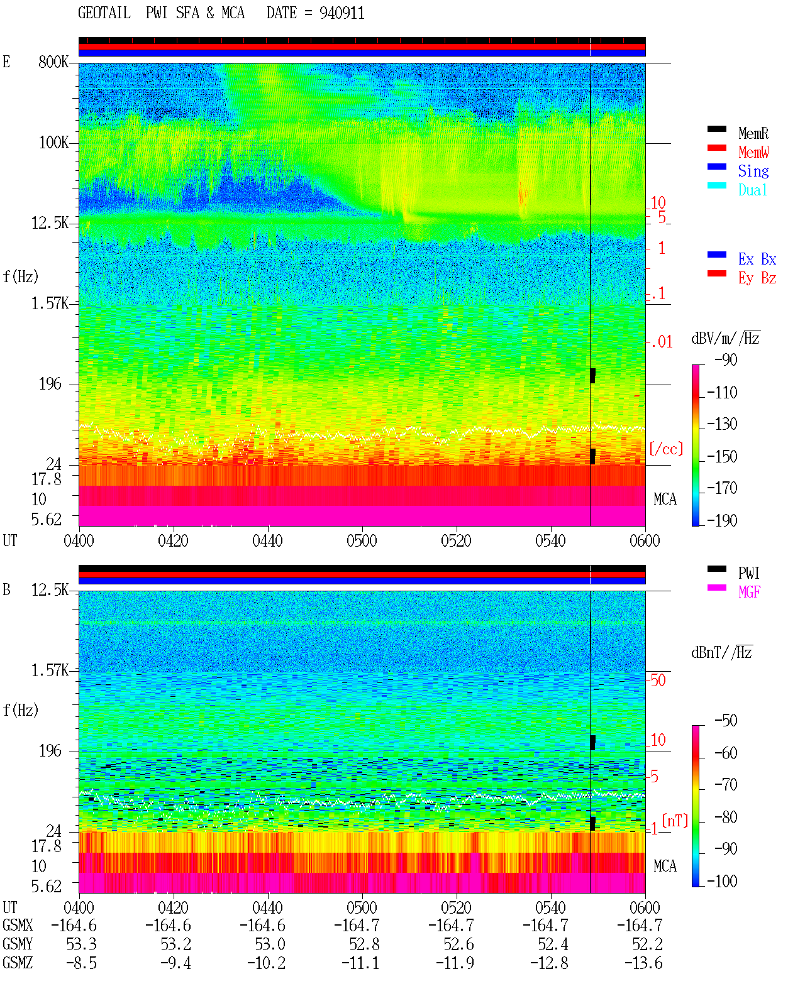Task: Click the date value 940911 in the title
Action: (x=341, y=13)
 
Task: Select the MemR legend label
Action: (x=753, y=133)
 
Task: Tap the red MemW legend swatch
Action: (x=716, y=148)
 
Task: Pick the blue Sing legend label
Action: (x=753, y=171)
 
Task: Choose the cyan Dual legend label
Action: (x=753, y=190)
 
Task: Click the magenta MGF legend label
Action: (x=749, y=592)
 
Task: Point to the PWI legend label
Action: (x=748, y=573)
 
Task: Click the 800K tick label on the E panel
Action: (x=53, y=62)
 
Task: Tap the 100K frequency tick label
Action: (x=53, y=143)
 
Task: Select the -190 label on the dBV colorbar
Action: (x=722, y=520)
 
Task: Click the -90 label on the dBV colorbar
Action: (x=726, y=360)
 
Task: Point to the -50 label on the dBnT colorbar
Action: (x=726, y=721)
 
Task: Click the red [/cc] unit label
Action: (x=666, y=449)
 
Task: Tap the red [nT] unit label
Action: (x=675, y=821)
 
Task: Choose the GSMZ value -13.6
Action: (x=643, y=963)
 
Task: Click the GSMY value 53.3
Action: (x=82, y=944)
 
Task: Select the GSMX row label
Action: (x=18, y=925)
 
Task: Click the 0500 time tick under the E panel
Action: (x=362, y=541)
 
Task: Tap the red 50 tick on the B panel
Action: (x=658, y=681)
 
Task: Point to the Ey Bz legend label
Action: (x=757, y=278)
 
